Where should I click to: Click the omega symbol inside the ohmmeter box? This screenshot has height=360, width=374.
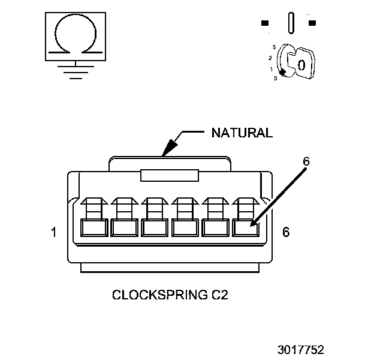click(x=74, y=34)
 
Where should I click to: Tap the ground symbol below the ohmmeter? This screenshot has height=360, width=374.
click(x=74, y=70)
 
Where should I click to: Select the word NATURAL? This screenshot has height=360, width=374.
click(x=242, y=133)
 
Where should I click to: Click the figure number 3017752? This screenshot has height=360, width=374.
click(x=300, y=349)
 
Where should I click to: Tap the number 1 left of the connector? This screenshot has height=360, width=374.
click(x=54, y=232)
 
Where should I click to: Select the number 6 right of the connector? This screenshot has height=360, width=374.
click(x=285, y=232)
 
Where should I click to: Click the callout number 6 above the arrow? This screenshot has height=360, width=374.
click(x=306, y=162)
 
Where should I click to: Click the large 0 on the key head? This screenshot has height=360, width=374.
click(x=301, y=64)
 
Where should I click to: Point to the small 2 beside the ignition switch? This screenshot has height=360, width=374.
click(x=270, y=58)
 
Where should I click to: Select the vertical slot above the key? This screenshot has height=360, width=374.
click(x=291, y=23)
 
